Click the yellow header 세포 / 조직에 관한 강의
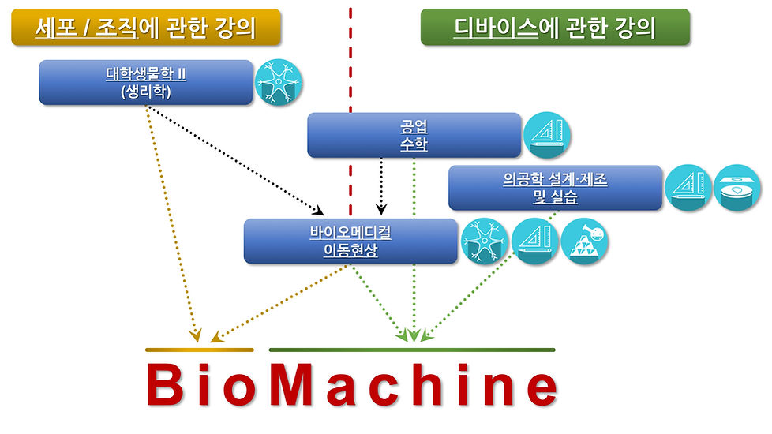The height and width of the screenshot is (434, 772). [146, 28]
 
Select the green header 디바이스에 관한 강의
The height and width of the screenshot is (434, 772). [555, 28]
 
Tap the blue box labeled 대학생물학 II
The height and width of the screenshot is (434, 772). [146, 82]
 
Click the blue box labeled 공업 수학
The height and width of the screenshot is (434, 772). [414, 135]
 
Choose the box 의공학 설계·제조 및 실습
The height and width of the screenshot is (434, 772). [555, 188]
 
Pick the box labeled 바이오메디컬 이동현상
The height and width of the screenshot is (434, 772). [350, 241]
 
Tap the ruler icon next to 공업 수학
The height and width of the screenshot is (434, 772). [547, 136]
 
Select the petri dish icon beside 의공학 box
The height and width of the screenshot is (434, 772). [737, 189]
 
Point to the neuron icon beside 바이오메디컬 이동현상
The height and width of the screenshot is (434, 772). [484, 241]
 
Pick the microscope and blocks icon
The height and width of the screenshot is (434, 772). [584, 241]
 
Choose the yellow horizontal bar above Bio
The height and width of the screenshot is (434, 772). [200, 350]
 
